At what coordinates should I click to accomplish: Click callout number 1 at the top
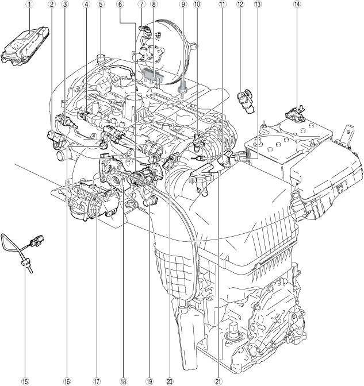30,4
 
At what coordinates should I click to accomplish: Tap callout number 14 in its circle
297,4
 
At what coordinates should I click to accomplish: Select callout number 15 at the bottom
25,381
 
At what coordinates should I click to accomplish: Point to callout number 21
218,381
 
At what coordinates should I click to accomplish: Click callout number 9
183,4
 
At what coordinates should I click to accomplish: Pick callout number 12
240,4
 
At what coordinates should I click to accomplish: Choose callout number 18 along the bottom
123,381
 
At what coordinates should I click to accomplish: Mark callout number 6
120,4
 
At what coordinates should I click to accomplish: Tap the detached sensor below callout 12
247,102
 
